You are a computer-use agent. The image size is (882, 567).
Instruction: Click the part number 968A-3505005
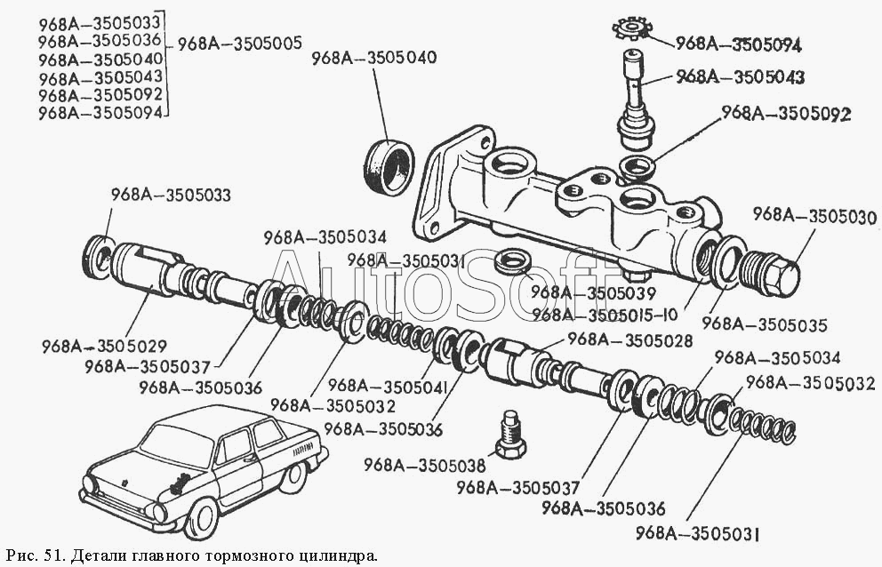click(240, 42)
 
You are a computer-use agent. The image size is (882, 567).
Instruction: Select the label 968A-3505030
click(814, 215)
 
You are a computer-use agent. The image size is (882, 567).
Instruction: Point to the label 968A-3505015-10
click(604, 314)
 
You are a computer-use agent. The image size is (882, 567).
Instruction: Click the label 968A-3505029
click(104, 345)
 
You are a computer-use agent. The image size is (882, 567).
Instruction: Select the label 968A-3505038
click(426, 463)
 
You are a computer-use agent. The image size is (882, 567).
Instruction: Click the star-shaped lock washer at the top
click(633, 29)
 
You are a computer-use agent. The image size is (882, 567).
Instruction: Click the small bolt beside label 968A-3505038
click(509, 435)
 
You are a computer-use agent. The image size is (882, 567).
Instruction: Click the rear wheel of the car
click(293, 475)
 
